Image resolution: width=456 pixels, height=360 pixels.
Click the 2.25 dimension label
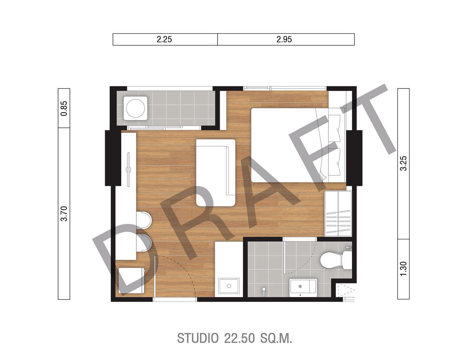(164, 40)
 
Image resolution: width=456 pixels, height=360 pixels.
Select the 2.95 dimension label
(284, 40)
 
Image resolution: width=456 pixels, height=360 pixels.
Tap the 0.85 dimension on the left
(64, 108)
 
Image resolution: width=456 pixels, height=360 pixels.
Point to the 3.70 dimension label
(64, 214)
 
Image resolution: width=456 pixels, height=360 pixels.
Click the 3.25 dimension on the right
(404, 163)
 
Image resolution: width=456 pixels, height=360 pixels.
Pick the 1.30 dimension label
(404, 269)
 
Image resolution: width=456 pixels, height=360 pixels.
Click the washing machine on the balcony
(136, 108)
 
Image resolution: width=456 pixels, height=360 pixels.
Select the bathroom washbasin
(303, 288)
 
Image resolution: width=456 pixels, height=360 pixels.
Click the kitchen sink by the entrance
(229, 286)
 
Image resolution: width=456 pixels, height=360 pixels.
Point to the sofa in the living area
(216, 173)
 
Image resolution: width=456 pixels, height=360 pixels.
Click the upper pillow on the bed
(335, 128)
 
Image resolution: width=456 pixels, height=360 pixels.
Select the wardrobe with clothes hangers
(338, 214)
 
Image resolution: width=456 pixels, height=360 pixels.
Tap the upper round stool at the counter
(144, 220)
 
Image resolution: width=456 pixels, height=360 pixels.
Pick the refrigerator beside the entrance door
(131, 281)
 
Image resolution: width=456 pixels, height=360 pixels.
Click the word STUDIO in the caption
(198, 338)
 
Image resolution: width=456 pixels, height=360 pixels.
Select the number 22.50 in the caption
(239, 338)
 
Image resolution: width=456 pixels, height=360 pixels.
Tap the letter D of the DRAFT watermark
(124, 258)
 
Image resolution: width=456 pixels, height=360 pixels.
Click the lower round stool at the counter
(144, 243)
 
